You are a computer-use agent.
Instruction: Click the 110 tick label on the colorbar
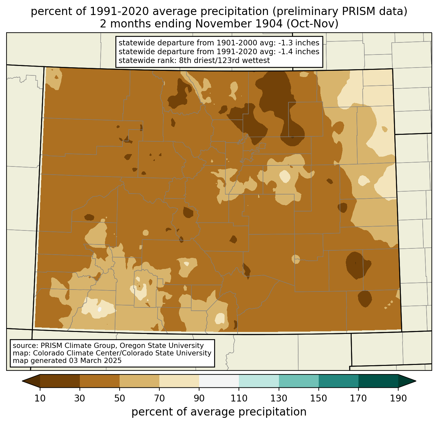point(239,399)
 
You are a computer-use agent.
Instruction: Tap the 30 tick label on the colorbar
point(80,399)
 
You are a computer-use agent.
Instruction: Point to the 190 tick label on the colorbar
point(398,399)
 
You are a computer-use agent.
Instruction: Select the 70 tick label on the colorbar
point(159,399)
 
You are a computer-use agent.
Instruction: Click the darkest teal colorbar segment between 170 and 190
point(378,381)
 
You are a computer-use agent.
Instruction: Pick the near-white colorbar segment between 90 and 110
point(219,381)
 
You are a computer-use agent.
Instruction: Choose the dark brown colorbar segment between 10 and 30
point(60,381)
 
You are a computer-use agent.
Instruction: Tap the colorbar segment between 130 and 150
point(299,381)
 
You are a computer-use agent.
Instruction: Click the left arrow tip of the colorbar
point(22,381)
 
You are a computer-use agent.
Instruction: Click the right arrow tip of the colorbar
point(416,381)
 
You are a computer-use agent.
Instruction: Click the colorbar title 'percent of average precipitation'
point(219,412)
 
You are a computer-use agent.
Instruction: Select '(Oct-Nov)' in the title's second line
point(313,24)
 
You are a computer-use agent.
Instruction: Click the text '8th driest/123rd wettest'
point(225,60)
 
